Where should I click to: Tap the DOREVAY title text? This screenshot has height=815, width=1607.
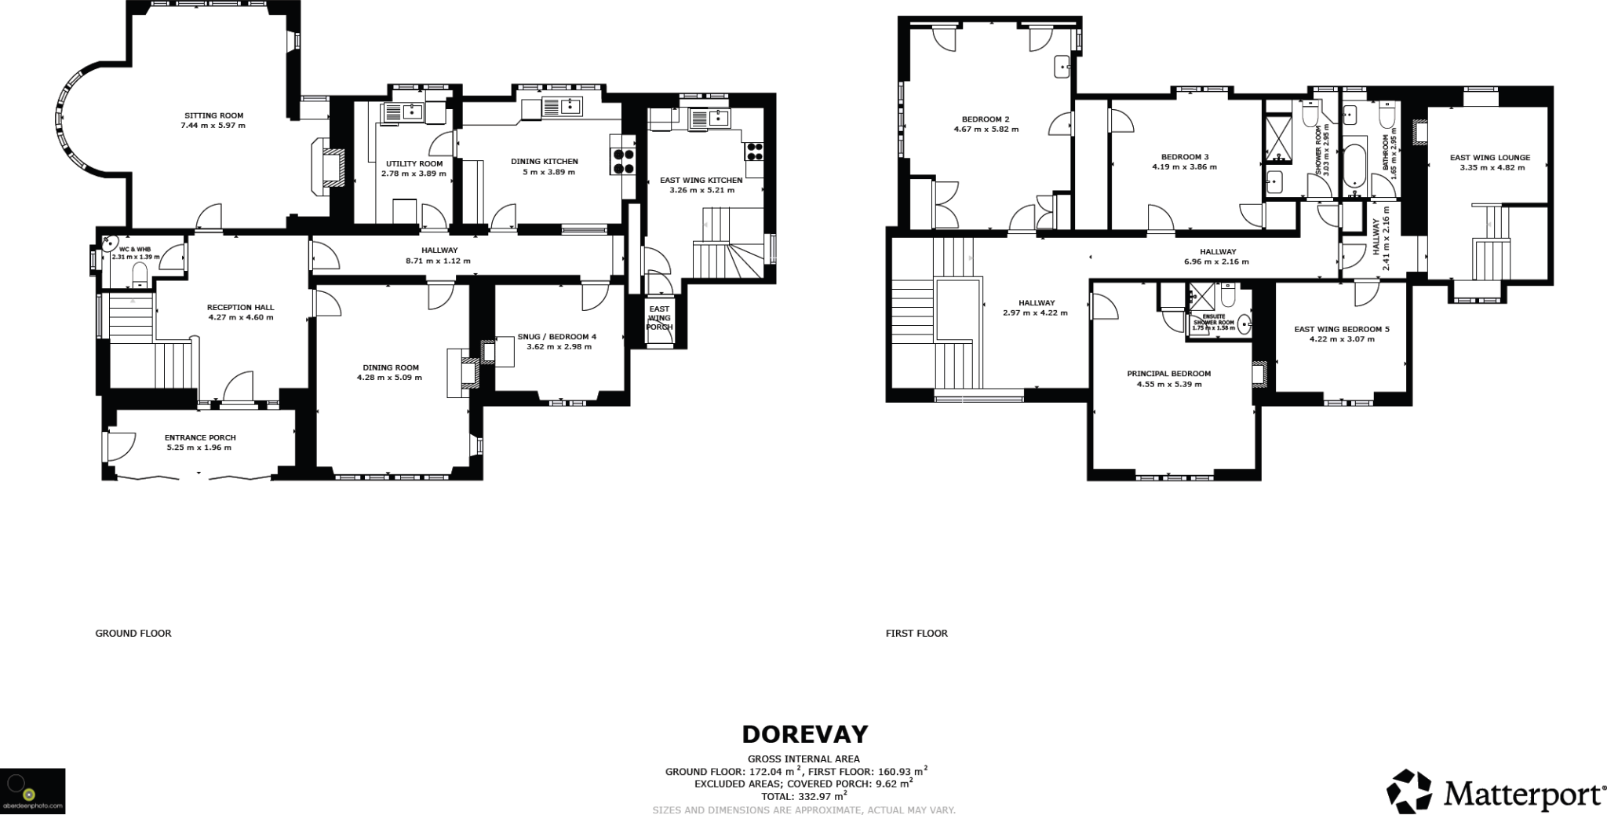804,734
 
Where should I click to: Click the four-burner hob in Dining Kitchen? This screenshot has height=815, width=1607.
623,161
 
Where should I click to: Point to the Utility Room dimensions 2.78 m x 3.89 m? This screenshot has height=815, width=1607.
414,174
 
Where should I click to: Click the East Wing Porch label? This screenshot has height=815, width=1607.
659,318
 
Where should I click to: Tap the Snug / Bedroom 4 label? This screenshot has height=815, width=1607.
556,337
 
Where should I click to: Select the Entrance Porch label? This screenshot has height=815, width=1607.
200,437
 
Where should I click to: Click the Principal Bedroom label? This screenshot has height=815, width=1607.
1168,374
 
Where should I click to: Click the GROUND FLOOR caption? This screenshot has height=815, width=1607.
133,633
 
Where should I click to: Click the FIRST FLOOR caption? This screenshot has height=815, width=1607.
916,633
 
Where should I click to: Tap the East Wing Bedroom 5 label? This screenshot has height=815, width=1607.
1341,329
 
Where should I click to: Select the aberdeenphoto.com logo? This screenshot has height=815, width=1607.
32,791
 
